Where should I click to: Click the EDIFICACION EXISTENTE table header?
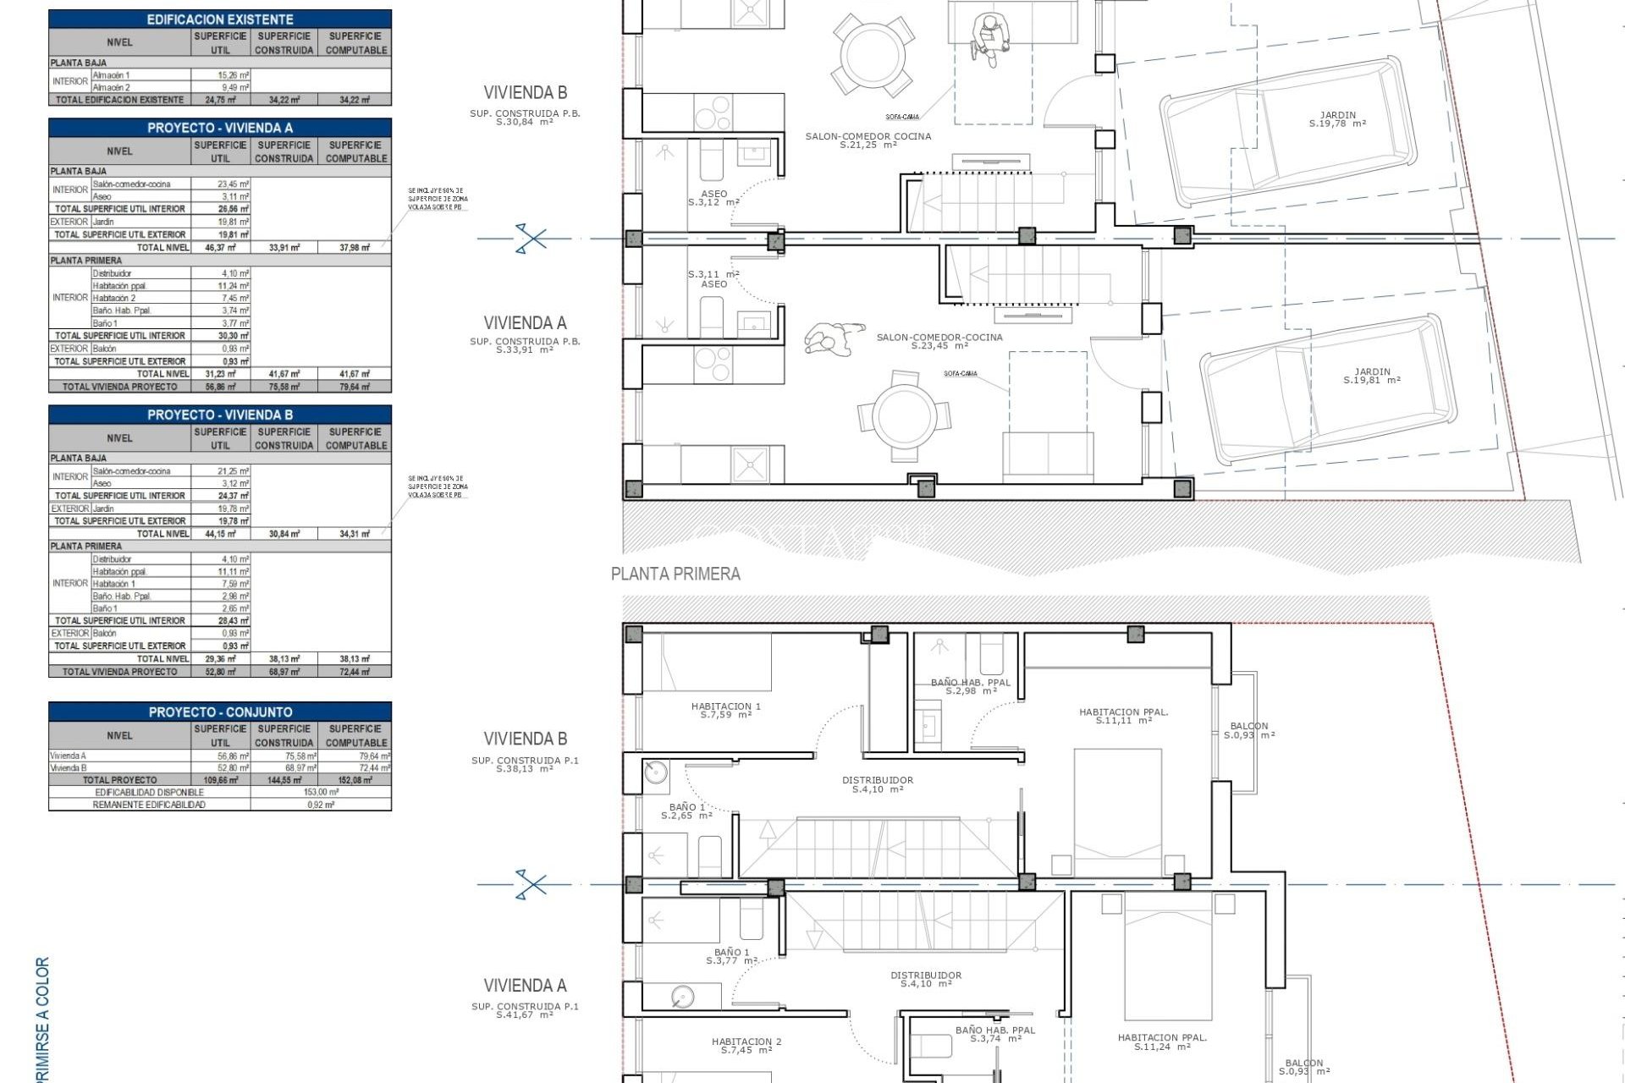coord(220,19)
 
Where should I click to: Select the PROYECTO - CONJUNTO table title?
coord(220,712)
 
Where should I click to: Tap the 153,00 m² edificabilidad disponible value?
coord(321,792)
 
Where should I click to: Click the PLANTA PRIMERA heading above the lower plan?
coord(675,574)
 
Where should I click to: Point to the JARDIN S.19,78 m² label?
coord(1337,119)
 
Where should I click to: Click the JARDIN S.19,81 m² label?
coord(1372,376)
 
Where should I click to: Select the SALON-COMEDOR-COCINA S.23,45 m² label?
coord(939,341)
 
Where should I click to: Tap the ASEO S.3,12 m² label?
coord(713,198)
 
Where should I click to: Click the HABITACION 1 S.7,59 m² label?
coord(726,710)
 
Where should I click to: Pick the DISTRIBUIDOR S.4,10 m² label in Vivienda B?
coord(878,784)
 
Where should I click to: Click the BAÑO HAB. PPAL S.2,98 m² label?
coord(970,686)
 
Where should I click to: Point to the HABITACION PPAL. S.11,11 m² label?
coord(1123,716)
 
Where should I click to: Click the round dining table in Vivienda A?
coord(905,415)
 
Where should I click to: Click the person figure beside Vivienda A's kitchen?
coord(833,338)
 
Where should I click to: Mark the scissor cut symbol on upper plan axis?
coord(531,239)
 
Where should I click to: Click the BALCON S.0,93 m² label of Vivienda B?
coord(1249,730)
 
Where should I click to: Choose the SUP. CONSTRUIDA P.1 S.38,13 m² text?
coord(525,764)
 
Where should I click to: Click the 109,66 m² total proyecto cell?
coord(220,780)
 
